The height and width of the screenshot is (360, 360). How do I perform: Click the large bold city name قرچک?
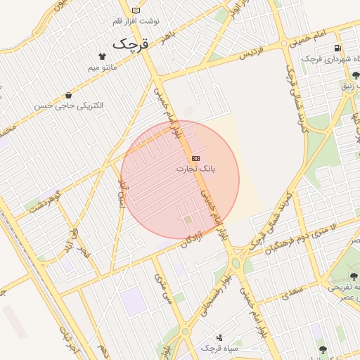[131, 44]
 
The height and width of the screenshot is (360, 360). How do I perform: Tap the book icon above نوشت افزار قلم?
[136, 11]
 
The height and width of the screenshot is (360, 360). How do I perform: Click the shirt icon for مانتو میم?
[103, 56]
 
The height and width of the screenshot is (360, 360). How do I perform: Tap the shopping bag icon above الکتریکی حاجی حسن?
[68, 95]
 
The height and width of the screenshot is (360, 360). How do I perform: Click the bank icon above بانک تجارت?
[195, 158]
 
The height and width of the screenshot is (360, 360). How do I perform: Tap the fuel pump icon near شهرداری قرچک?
[339, 49]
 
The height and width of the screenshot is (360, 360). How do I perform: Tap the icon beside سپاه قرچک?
[219, 337]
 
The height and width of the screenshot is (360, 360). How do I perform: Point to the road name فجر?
[83, 247]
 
